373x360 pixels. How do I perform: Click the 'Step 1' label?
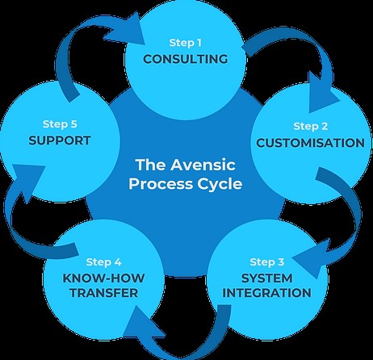pos(185,43)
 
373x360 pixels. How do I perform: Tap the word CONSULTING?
pos(186,59)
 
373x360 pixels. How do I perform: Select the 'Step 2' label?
pos(311,126)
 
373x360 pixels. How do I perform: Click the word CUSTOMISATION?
pos(310,143)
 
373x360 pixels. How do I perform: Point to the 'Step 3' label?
pos(267,262)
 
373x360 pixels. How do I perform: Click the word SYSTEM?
pos(267,278)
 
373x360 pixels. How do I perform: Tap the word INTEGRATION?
pos(267,293)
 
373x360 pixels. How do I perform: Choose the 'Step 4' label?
pos(103,262)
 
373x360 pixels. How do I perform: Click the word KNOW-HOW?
pos(103,278)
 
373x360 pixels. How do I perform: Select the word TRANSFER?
pos(104,293)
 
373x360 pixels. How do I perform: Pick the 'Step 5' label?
pos(60,124)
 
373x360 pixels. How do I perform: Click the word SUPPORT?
pos(60,140)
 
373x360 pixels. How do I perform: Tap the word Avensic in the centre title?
pos(203,165)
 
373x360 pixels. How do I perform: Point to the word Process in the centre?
pos(161,184)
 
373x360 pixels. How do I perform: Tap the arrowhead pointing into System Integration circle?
pos(313,257)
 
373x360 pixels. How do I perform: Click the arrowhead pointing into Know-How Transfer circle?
pos(142,323)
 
